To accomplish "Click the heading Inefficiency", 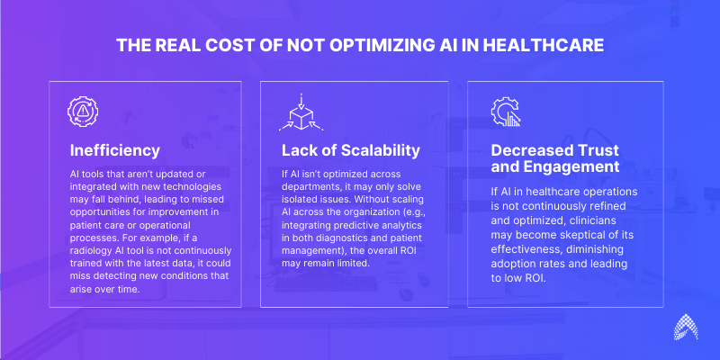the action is pyautogui.click(x=115, y=150).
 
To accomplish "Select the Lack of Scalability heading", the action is pyautogui.click(x=351, y=150).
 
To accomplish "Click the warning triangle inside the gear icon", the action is pyautogui.click(x=83, y=111).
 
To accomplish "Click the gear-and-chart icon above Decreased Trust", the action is pyautogui.click(x=505, y=112).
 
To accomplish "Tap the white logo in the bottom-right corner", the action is pyautogui.click(x=686, y=327).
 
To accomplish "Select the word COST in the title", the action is pyautogui.click(x=221, y=46).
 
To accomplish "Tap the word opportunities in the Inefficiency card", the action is pyautogui.click(x=98, y=213).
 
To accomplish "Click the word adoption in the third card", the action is pyautogui.click(x=510, y=264).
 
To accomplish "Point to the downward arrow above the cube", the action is pyautogui.click(x=301, y=101).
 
